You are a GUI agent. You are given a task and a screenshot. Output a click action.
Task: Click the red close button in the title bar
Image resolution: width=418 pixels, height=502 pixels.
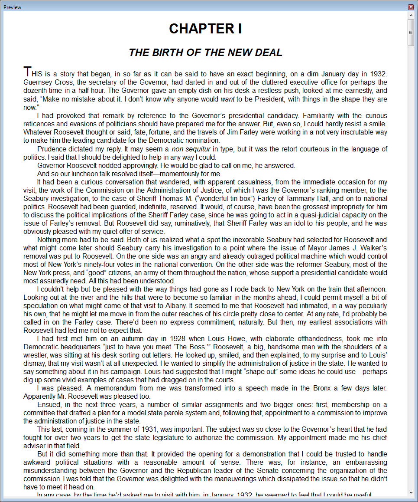[411, 7]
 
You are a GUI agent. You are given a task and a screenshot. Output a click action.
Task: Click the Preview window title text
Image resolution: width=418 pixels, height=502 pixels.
[12, 7]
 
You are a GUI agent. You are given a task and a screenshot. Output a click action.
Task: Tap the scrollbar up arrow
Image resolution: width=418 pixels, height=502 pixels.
[411, 16]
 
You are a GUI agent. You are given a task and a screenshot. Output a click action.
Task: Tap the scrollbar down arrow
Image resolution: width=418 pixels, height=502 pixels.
[411, 492]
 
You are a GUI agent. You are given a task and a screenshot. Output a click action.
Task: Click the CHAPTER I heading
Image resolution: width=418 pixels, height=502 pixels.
[205, 29]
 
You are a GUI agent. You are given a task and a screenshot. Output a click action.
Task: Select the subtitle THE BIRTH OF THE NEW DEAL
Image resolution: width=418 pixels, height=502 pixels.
[205, 52]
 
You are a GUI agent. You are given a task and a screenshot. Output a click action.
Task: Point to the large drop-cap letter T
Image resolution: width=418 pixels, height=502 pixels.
[27, 71]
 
